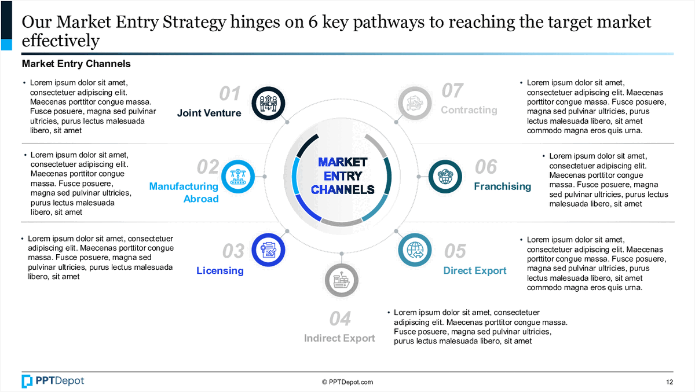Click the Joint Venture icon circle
(268, 103)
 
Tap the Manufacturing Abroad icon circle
(237, 176)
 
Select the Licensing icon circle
(269, 250)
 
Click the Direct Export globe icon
(415, 250)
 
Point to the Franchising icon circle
(445, 176)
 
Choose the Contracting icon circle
(415, 103)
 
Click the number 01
(230, 93)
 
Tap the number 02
(208, 167)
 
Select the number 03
(233, 251)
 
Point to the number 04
(340, 318)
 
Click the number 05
(455, 251)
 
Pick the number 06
(486, 167)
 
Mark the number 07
(452, 90)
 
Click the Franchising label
(502, 186)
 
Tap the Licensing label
(220, 270)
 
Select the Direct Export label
(475, 270)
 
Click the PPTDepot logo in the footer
(53, 380)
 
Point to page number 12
(670, 382)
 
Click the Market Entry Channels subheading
(76, 64)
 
